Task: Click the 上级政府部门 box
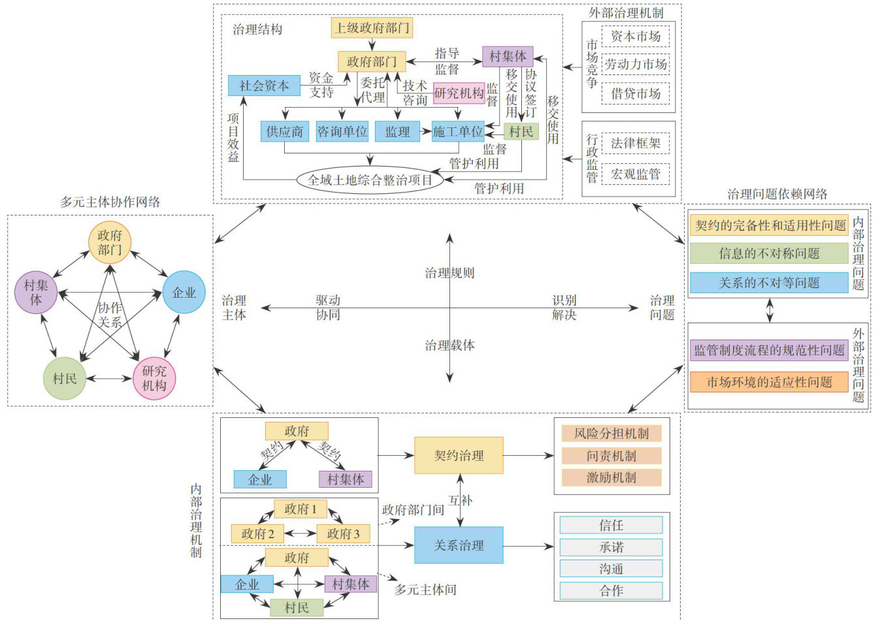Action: point(372,27)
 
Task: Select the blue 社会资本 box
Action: point(264,86)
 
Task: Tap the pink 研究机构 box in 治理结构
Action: point(459,93)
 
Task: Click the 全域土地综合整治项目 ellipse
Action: point(370,180)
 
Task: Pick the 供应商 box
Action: point(284,132)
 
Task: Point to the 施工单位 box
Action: point(457,132)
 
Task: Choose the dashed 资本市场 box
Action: point(635,37)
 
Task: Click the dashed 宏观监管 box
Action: point(635,174)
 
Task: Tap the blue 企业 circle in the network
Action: point(184,293)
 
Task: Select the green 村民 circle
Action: point(65,378)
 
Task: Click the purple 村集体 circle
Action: point(36,292)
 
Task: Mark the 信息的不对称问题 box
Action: point(769,253)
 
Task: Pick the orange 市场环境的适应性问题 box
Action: point(769,382)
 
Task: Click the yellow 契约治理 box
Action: point(459,455)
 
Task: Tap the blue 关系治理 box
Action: point(459,545)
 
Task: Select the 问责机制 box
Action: point(611,456)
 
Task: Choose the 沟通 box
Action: point(611,569)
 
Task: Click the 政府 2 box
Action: point(257,533)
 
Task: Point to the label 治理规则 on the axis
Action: point(449,273)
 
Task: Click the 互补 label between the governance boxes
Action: point(460,500)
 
